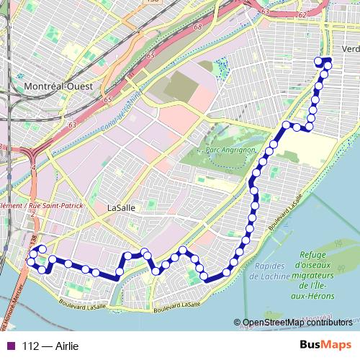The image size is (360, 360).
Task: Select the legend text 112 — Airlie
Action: point(50,346)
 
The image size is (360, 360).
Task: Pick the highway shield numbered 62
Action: point(302,14)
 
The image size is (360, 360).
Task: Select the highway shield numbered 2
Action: point(33,214)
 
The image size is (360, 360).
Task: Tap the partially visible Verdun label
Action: point(351,48)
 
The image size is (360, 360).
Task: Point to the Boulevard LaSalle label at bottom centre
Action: point(176,305)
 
